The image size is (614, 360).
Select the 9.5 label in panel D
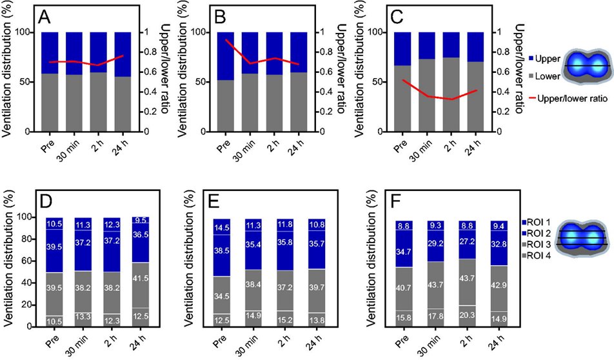coord(141,220)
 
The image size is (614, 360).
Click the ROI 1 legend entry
coord(537,221)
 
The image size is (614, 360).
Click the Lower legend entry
coord(537,75)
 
